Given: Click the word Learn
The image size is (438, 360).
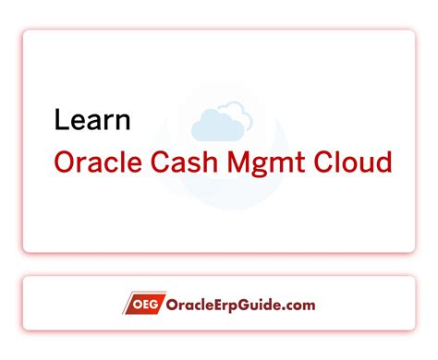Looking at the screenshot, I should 92,120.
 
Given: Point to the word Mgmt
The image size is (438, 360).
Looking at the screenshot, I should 274,164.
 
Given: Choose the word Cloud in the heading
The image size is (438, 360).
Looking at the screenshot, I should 356,162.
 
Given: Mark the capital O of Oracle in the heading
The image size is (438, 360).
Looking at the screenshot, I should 65,162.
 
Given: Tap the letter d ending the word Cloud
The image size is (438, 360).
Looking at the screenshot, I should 384,162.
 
